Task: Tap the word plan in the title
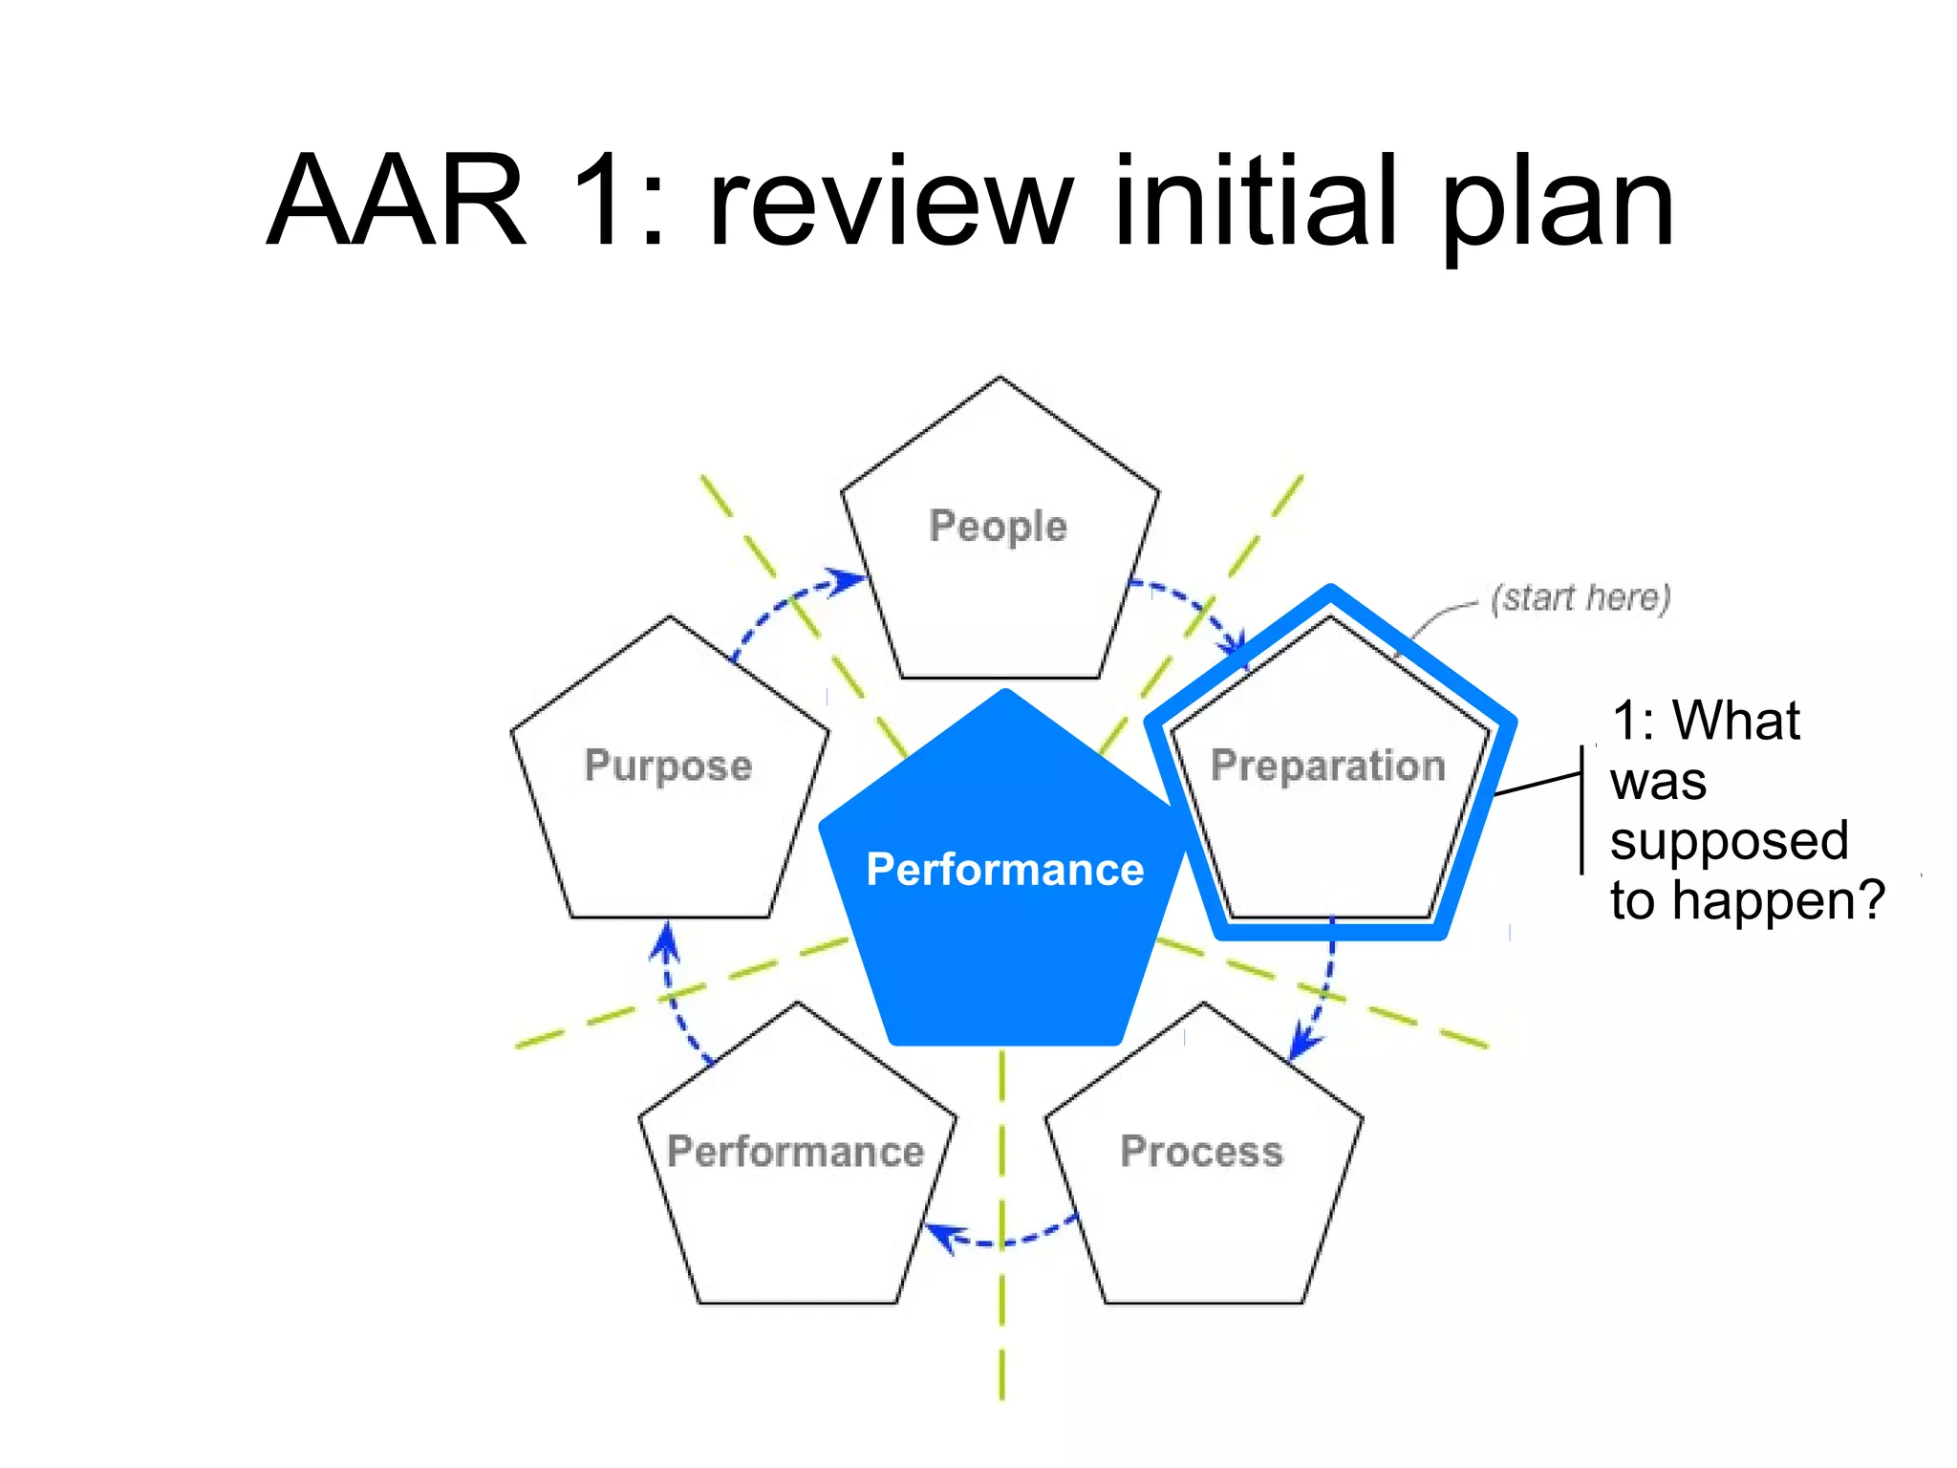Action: pos(1557,205)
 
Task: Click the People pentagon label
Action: pos(998,527)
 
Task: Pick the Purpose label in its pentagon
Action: pos(668,766)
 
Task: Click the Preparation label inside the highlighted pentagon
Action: pos(1327,766)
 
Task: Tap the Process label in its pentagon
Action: pos(1201,1152)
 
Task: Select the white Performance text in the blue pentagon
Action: pos(1004,870)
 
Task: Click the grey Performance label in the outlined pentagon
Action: pos(795,1152)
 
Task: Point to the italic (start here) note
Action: pos(1581,598)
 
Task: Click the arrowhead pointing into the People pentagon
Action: pos(848,580)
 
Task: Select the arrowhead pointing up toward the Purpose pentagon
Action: pos(666,940)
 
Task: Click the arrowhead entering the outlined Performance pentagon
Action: pos(941,1236)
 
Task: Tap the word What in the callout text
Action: pos(1736,721)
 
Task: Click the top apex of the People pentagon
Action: pos(1000,378)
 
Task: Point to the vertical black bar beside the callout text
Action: pos(1582,809)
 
